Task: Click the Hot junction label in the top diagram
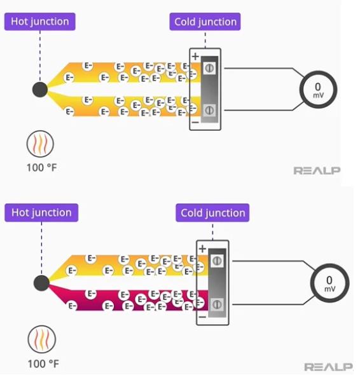pos(39,22)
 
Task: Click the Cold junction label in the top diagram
pos(205,22)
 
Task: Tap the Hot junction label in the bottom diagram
pos(41,213)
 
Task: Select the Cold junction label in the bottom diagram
pos(212,213)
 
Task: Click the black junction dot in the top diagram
pos(40,90)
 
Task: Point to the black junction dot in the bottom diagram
pos(41,283)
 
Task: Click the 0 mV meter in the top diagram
pos(318,90)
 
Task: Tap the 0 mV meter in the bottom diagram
pos(329,283)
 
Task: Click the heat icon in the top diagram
pos(40,144)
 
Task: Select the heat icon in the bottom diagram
pos(41,339)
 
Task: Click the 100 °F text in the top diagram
pos(41,167)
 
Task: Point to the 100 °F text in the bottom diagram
pos(43,364)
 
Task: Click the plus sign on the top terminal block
pos(195,56)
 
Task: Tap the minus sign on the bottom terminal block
pos(202,317)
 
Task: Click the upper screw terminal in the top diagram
pos(209,68)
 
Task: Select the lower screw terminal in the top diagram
pos(209,110)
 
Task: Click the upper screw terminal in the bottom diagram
pos(217,261)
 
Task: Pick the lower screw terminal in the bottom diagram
pos(217,304)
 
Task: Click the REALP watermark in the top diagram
pos(317,170)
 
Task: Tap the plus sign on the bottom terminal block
pos(202,249)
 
